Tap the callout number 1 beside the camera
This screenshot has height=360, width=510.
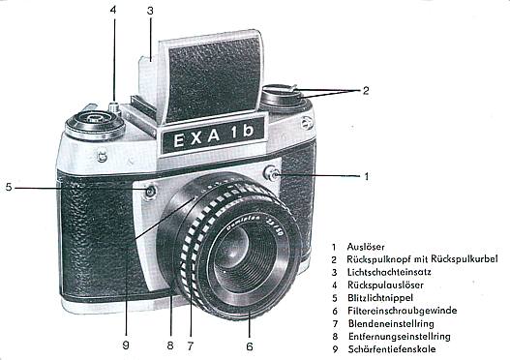point(367,176)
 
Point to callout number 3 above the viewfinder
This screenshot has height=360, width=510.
point(150,11)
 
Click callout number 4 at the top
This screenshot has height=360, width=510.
point(112,11)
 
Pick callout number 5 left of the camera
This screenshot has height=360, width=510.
point(8,187)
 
